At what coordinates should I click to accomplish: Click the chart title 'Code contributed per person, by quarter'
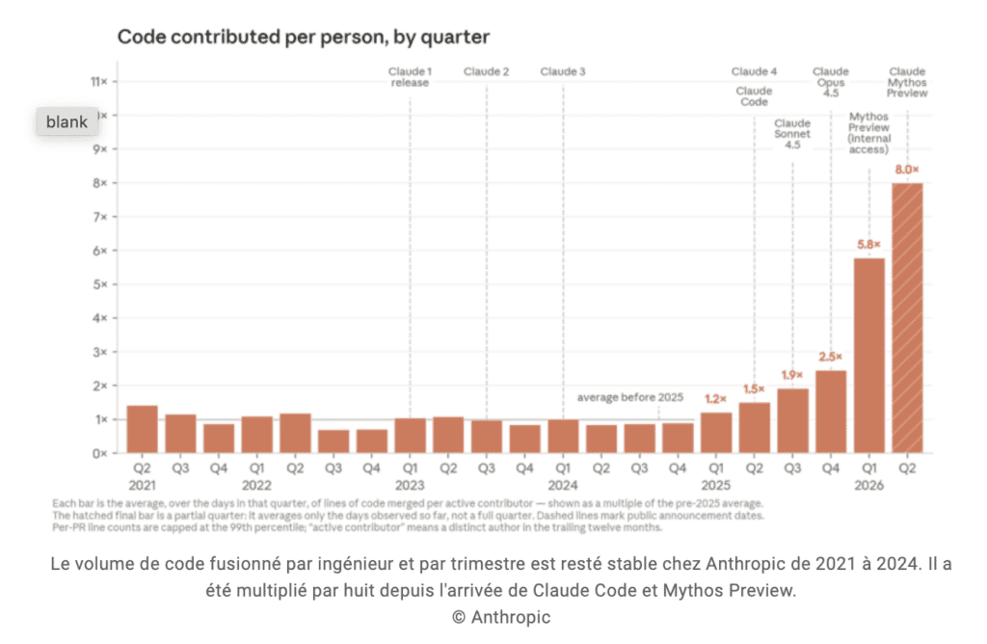(304, 38)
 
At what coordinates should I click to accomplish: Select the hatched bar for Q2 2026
(907, 318)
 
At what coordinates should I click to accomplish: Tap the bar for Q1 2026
(869, 356)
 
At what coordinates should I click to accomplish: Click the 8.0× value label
(907, 170)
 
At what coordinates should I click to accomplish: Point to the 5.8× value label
(868, 244)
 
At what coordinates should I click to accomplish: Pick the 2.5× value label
(830, 357)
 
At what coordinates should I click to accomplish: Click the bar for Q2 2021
(143, 429)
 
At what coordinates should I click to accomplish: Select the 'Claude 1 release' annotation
(410, 77)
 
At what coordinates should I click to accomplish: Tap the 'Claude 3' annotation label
(563, 71)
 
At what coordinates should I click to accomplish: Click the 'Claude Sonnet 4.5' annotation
(792, 134)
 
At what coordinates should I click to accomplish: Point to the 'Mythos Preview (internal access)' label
(868, 133)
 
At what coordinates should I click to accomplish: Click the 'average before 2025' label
(630, 397)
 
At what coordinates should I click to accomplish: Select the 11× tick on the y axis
(99, 82)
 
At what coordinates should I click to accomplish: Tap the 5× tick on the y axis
(99, 284)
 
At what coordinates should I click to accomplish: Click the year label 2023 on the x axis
(410, 485)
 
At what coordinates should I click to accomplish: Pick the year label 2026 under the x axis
(868, 485)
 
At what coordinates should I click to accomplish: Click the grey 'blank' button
(67, 121)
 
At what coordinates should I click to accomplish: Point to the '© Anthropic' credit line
(501, 617)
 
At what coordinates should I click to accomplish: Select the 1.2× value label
(716, 399)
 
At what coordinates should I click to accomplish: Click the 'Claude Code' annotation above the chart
(754, 96)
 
